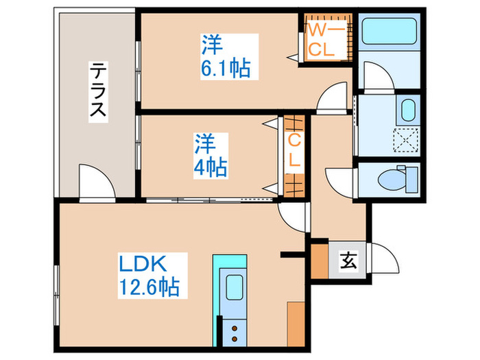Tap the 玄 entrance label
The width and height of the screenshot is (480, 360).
348,261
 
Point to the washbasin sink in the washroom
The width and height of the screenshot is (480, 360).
408,109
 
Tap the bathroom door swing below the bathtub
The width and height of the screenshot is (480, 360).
377,75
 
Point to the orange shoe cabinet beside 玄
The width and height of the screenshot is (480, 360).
320,261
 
